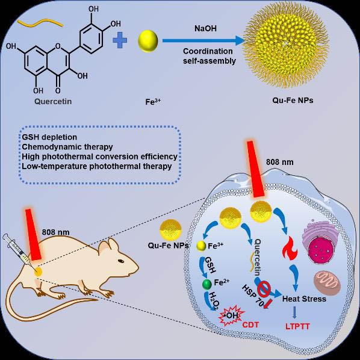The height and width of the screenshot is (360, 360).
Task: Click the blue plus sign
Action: pos(120,40)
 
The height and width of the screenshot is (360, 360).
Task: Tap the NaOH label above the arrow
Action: pos(205,28)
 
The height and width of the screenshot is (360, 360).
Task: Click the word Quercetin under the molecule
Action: pos(53,101)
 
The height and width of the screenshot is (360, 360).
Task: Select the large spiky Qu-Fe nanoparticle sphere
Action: pos(287,45)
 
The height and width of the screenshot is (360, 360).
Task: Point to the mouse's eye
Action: pos(121,261)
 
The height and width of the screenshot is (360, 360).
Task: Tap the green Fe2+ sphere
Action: pos(207,284)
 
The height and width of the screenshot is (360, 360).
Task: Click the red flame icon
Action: pos(290,249)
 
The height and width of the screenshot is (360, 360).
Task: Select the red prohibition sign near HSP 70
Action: pos(264,289)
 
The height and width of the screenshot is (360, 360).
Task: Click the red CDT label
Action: pos(250,324)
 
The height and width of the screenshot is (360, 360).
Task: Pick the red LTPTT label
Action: pos(297,326)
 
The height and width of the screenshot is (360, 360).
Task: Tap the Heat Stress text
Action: pos(304,299)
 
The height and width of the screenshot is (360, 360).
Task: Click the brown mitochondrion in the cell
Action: pos(327,282)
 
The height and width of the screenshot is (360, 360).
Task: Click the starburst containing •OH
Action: pos(231,316)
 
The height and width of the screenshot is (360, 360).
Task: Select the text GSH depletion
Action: pos(49,137)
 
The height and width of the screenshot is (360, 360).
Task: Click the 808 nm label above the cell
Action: pos(280,162)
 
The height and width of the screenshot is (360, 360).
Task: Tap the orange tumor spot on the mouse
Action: pos(38,272)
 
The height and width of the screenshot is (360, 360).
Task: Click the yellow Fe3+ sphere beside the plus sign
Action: pos(148,41)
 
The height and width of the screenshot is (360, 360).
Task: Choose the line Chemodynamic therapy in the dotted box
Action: pos(67,147)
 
